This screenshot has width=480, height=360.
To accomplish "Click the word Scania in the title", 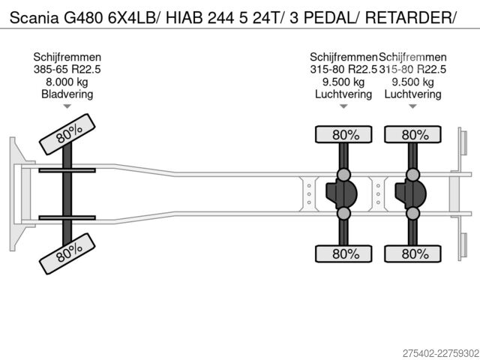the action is coord(34,18).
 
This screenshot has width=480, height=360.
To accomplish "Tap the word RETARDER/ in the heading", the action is coord(411,18).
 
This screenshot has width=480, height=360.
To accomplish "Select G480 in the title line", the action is coord(83,18).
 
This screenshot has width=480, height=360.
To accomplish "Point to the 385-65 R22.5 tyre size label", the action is coord(67,70).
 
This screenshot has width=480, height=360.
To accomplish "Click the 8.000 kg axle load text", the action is coord(67,82).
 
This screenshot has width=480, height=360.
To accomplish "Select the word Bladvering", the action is coord(67,94).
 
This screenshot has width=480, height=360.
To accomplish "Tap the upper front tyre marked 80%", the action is coord(67,134).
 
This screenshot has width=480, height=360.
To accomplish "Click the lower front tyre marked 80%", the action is coord(67,253).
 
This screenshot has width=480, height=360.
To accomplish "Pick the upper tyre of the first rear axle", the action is coord(343,134).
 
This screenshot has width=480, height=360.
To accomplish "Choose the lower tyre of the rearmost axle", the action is coord(412,253).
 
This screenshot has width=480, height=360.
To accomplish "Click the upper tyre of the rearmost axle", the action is coord(412,134).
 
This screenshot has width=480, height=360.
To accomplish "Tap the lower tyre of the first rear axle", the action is coord(343,253).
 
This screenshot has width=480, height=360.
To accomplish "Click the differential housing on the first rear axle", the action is coord(342,193).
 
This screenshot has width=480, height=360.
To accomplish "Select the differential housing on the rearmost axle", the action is coord(411,193).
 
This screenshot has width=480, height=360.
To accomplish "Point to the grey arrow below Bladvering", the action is coord(67,106).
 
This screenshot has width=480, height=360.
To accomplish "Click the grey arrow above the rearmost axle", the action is coord(412,106).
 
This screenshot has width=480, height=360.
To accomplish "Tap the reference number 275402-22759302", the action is coord(441,353).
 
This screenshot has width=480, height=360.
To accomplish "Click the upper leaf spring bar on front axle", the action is coord(67,170).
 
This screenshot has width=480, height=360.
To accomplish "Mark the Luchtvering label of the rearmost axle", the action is coord(412,94).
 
